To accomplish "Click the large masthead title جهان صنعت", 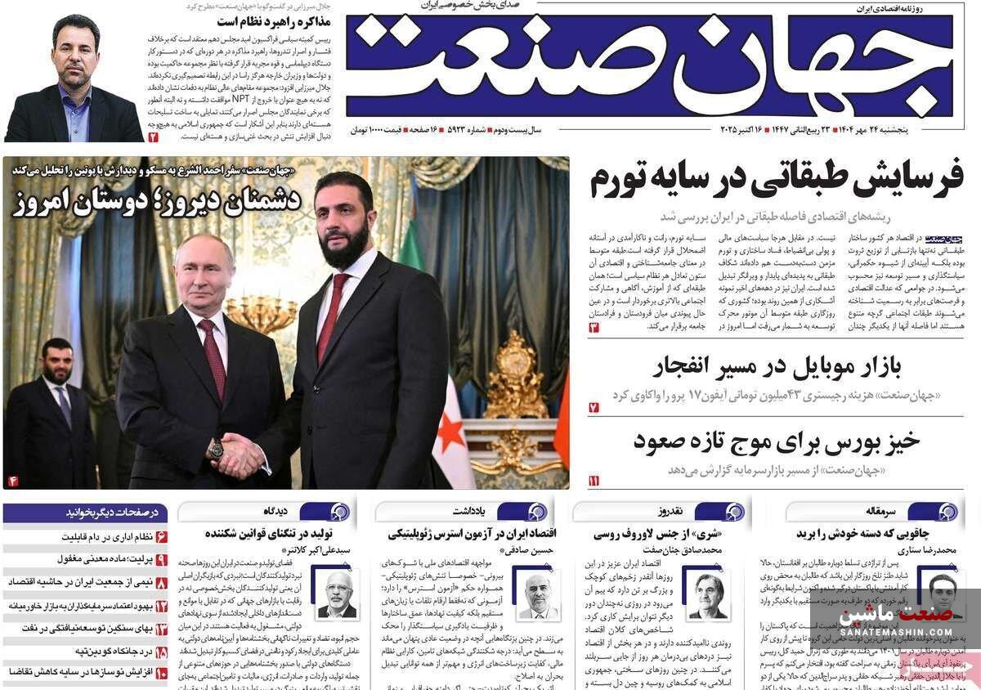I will coord(650,65).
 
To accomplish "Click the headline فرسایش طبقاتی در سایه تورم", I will coord(777,180).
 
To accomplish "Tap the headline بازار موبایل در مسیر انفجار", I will coord(777,367).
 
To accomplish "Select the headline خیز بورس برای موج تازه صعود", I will coord(777,441).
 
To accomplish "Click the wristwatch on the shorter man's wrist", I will coord(216,448).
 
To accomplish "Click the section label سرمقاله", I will coord(881,512).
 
